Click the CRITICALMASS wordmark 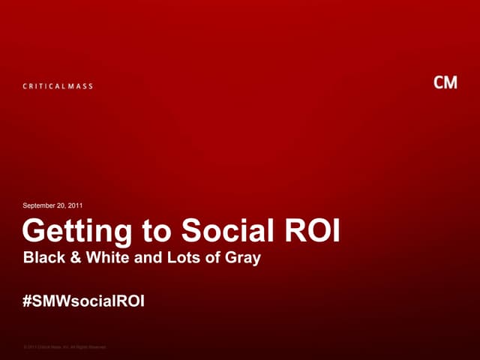click(57, 86)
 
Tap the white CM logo click(445, 82)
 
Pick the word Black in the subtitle click(43, 259)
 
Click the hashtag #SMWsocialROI click(84, 301)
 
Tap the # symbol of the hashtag click(28, 301)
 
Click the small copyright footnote click(65, 346)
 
